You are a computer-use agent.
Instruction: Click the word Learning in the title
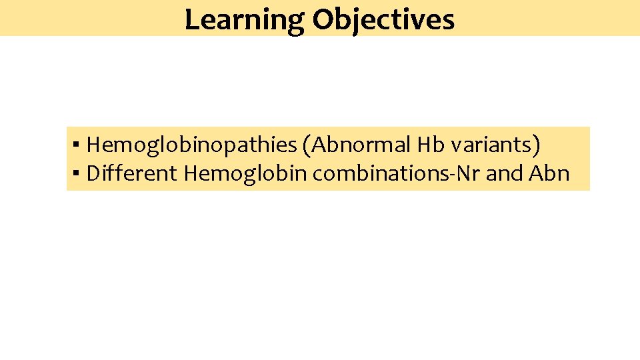245,19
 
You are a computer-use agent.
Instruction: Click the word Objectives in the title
383,19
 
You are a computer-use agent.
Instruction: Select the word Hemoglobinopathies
191,144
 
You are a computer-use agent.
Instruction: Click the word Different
132,173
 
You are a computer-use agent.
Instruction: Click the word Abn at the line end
549,173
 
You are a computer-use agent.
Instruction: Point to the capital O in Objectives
323,19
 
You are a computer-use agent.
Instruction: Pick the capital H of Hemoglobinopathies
94,144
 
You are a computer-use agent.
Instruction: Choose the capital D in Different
94,173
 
